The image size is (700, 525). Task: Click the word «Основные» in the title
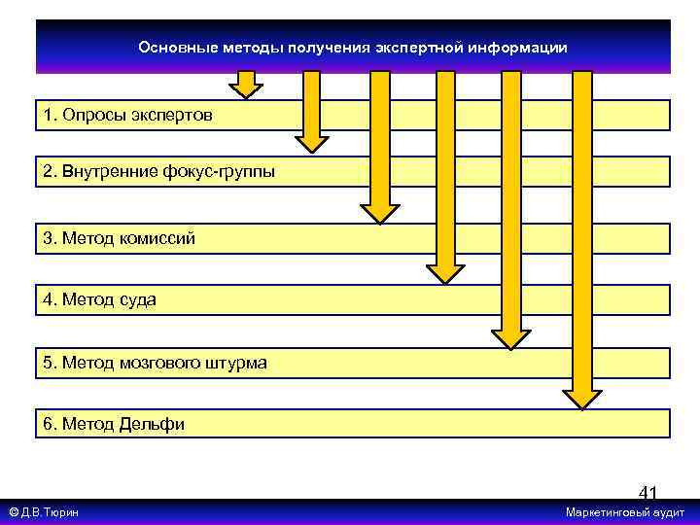[170, 48]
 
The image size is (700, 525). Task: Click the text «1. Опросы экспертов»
[126, 116]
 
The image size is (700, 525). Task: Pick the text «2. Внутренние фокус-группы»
[158, 173]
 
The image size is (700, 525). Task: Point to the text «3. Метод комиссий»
[119, 238]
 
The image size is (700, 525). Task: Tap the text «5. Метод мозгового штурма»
[155, 364]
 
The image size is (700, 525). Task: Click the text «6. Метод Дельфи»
[114, 424]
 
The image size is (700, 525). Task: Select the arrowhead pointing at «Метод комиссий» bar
[380, 213]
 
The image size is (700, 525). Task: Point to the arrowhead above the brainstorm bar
[510, 337]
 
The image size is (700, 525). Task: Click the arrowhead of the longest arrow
[582, 399]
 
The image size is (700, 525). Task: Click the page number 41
[647, 494]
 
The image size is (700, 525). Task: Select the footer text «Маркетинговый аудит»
[625, 512]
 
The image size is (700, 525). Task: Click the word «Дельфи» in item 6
[152, 424]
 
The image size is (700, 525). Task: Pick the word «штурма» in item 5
[234, 364]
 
